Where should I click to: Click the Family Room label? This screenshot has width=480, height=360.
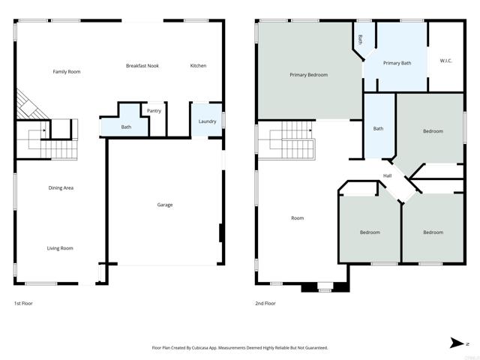click(x=66, y=72)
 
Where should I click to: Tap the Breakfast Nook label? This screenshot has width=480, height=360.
click(x=142, y=66)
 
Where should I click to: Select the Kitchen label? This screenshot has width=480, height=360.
click(x=198, y=66)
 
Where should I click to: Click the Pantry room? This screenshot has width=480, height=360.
click(x=154, y=111)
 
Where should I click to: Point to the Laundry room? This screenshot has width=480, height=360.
click(x=207, y=121)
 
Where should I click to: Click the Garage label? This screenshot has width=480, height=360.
click(x=164, y=205)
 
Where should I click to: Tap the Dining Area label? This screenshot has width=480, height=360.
click(x=61, y=188)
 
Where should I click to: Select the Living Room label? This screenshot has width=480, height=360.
click(x=61, y=248)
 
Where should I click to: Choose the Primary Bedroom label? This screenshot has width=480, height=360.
click(x=309, y=75)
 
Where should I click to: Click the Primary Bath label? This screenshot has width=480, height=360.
click(x=397, y=63)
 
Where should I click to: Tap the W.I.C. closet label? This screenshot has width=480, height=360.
click(x=445, y=61)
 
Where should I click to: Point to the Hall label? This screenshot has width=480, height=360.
click(x=387, y=176)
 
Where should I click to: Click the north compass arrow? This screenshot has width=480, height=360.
click(x=458, y=343)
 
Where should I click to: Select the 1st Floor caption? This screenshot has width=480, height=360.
click(x=23, y=304)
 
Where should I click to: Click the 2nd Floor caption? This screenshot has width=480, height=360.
click(x=265, y=304)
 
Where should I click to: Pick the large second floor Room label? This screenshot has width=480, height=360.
click(x=297, y=218)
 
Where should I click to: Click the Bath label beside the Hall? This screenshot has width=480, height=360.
click(x=378, y=129)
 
